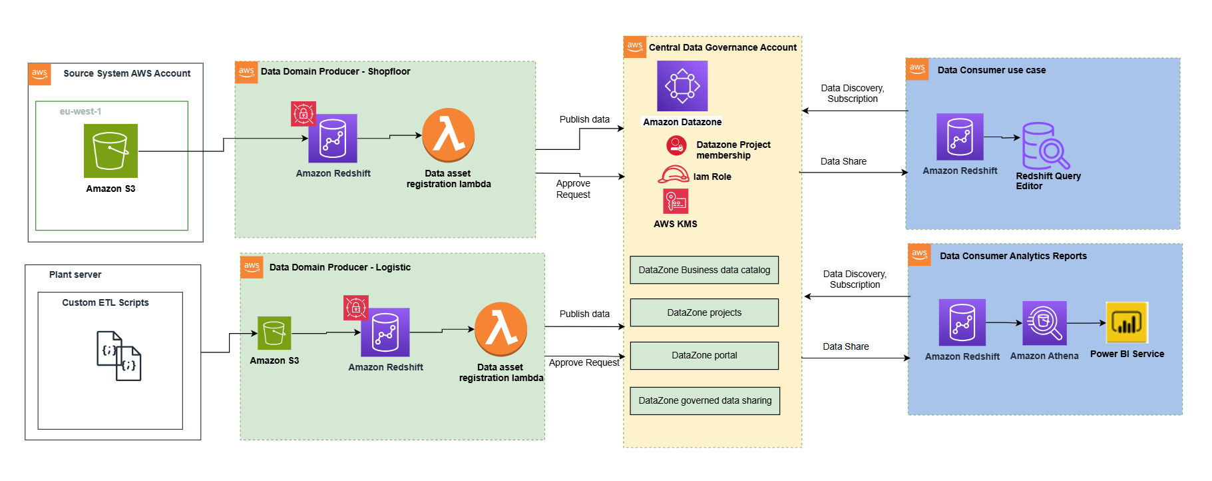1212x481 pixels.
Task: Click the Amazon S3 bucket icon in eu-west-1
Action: click(x=110, y=151)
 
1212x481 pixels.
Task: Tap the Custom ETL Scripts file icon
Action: click(x=119, y=356)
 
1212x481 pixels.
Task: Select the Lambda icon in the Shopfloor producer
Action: click(x=449, y=135)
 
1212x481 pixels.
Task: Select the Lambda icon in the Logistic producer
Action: click(x=501, y=329)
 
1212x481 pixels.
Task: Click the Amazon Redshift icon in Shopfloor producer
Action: click(x=333, y=138)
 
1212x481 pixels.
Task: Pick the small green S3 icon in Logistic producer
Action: click(x=274, y=333)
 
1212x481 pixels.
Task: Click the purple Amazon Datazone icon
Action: click(x=682, y=86)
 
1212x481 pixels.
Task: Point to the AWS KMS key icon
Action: click(x=676, y=201)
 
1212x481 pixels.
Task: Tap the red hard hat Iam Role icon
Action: click(x=674, y=175)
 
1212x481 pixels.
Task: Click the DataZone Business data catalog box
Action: click(x=704, y=270)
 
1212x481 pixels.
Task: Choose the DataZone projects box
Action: click(x=704, y=312)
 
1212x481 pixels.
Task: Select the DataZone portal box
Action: click(x=704, y=355)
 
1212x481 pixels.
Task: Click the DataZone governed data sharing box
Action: click(x=705, y=400)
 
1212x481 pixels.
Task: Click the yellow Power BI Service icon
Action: click(x=1127, y=323)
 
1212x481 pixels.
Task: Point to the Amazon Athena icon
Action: click(x=1044, y=323)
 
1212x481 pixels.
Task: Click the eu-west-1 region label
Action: click(x=81, y=111)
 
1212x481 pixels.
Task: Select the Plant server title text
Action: click(x=75, y=274)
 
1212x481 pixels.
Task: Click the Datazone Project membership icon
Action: click(x=676, y=145)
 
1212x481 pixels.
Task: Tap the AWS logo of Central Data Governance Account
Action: click(x=635, y=47)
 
